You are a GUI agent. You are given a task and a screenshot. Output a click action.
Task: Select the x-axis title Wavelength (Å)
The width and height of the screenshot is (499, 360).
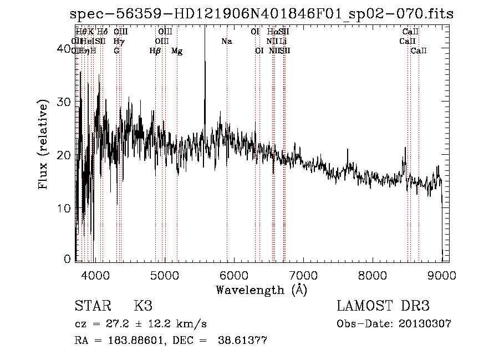coord(261,290)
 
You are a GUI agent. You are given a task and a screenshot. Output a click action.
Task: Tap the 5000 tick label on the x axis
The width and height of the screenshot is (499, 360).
coord(165,275)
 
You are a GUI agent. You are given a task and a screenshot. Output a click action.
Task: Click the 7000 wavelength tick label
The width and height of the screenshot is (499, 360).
coord(303,275)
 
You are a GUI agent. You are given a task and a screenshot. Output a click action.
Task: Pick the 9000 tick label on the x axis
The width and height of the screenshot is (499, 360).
coord(442,275)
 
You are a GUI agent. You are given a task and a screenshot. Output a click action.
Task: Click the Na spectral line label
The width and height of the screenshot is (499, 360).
coord(226,42)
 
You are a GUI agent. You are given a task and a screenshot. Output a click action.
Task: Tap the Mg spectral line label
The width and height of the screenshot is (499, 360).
coord(177,51)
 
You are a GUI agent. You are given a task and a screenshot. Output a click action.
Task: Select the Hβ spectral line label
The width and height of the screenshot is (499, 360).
coord(155,51)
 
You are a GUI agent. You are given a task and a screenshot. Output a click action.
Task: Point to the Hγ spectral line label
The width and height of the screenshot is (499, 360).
coord(119,42)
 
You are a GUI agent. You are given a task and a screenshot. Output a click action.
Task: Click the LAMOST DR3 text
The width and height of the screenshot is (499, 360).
coord(383,306)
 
